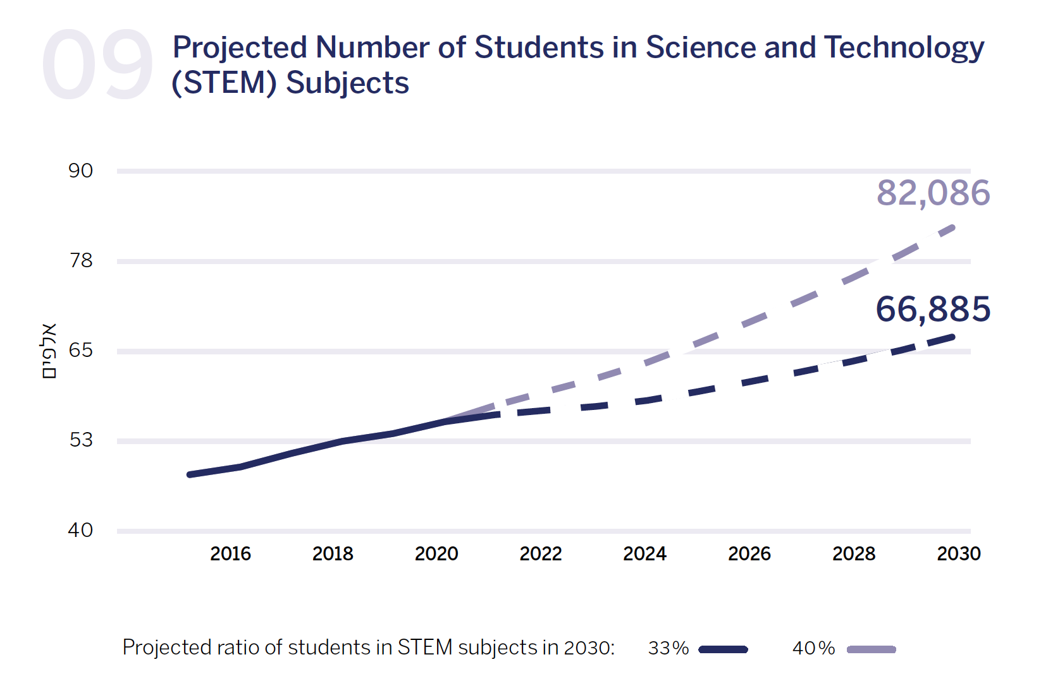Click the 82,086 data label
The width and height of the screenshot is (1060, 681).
click(933, 193)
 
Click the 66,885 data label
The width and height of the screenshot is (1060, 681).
click(933, 309)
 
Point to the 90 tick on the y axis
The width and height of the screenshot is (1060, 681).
click(81, 171)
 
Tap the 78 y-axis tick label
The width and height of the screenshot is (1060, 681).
click(81, 260)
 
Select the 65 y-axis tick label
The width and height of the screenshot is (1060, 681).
click(81, 350)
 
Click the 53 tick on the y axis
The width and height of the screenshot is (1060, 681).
click(81, 440)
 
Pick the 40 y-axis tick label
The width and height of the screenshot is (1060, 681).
click(81, 529)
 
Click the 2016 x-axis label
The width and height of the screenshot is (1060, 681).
click(230, 553)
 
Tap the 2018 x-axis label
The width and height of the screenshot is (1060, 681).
click(333, 553)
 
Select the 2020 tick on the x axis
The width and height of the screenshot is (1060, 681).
click(436, 553)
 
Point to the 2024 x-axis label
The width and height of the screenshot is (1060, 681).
click(644, 553)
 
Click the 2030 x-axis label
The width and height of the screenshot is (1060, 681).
click(958, 553)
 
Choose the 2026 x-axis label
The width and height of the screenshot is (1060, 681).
click(749, 553)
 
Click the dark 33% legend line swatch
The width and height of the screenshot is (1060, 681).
click(724, 649)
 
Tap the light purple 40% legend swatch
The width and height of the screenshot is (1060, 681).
click(872, 649)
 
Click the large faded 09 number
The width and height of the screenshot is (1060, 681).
click(97, 65)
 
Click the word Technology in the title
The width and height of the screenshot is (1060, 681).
click(904, 48)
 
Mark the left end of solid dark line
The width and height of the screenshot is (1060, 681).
click(190, 474)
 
